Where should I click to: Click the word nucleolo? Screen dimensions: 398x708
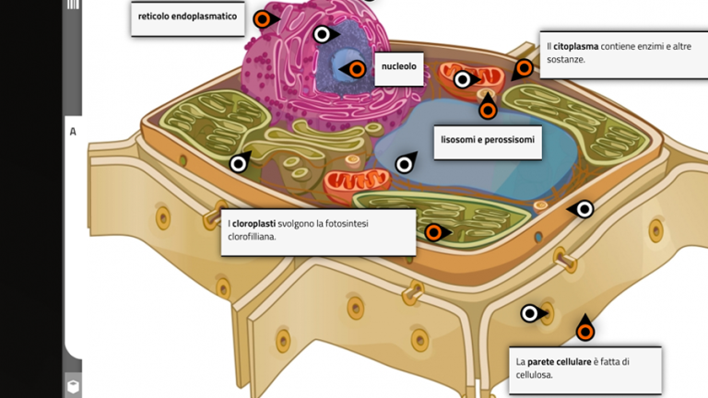click(399, 67)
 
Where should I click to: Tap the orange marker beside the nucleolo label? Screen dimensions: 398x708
click(355, 68)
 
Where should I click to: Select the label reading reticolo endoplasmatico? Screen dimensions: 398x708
click(187, 17)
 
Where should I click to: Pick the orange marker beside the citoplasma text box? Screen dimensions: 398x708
click(524, 67)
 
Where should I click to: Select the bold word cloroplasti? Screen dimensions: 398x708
click(254, 223)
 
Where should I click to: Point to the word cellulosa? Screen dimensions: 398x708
click(534, 375)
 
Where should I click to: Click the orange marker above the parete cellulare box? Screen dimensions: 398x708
click(584, 331)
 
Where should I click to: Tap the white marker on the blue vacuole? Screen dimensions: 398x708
click(404, 165)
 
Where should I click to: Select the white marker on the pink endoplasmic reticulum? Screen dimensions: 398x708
click(322, 35)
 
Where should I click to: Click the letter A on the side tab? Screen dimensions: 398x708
click(73, 132)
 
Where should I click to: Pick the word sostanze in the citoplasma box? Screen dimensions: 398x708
click(566, 59)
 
